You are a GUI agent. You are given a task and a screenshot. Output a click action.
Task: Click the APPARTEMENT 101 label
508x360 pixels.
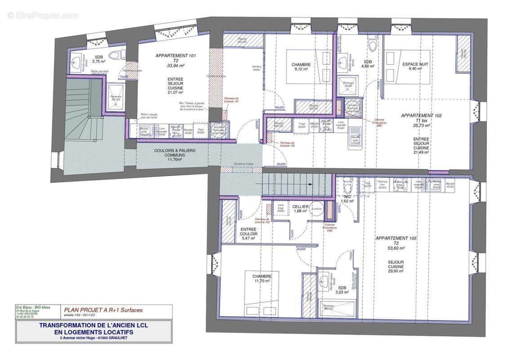(175, 55)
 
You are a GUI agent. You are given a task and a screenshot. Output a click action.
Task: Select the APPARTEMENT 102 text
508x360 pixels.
(421, 116)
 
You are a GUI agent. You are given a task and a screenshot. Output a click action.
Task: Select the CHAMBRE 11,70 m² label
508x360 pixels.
(261, 279)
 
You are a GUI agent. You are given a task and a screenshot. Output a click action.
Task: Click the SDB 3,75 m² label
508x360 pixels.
(98, 59)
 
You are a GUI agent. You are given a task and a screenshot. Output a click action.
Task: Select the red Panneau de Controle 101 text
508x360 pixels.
(231, 100)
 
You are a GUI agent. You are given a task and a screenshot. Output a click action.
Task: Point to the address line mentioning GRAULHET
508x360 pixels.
(94, 338)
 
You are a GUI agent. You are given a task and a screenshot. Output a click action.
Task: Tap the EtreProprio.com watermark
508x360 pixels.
(43, 15)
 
